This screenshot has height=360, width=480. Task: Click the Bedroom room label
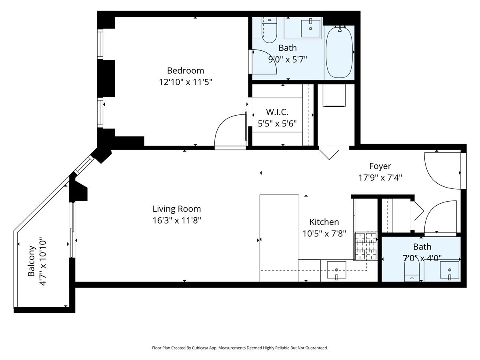coord(185,70)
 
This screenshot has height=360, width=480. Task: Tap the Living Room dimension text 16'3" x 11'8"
coord(176,220)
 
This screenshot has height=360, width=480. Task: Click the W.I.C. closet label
coord(277,112)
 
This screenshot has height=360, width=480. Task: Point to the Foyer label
coord(380,166)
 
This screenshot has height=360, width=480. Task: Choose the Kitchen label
coord(324,222)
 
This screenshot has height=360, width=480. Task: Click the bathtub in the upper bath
coord(339,52)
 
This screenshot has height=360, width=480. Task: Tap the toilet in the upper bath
coord(269,30)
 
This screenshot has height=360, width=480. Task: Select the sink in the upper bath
coord(311,27)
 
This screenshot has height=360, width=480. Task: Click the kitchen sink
coord(336,270)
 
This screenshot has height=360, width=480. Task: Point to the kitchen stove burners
coord(366,246)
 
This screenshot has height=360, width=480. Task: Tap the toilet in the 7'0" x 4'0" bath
coord(411,270)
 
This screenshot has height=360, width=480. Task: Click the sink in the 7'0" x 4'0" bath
coord(450,271)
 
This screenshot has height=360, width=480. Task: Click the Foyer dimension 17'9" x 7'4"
coord(380,177)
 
